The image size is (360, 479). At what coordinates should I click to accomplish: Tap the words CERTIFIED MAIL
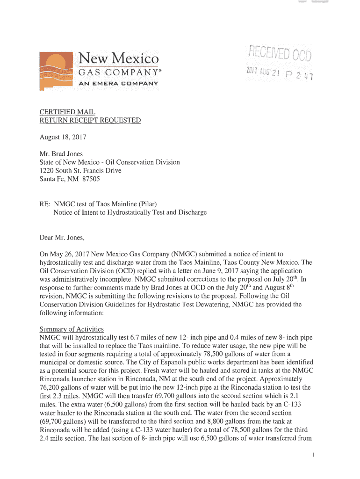pyautogui.click(x=67, y=112)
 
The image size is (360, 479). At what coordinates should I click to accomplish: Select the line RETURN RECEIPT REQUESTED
pyautogui.click(x=90, y=121)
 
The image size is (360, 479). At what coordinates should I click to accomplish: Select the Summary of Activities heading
pyautogui.click(x=72, y=329)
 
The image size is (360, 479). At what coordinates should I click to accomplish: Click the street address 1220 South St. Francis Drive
pyautogui.click(x=80, y=170)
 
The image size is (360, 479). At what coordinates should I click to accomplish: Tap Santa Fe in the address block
pyautogui.click(x=53, y=179)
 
